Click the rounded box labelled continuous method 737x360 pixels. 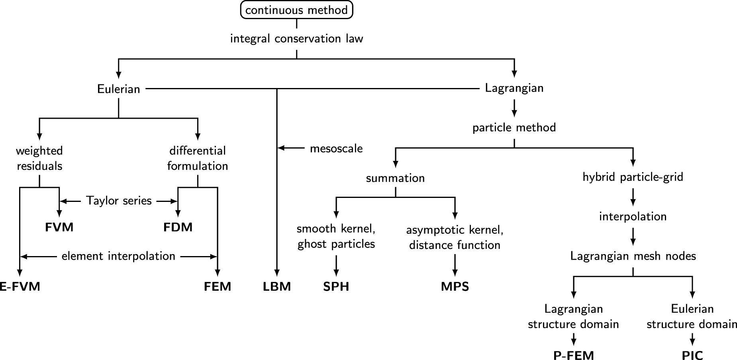tap(296, 10)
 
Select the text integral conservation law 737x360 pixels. tap(296, 39)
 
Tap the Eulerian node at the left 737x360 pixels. tap(118, 88)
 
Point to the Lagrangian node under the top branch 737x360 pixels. tap(514, 88)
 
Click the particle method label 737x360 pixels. tap(514, 127)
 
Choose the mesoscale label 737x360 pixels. tap(336, 149)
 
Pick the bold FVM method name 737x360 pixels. tap(59, 227)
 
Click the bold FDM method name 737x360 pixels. tap(178, 227)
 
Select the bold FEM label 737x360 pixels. tap(218, 286)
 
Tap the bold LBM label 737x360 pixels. tap(277, 286)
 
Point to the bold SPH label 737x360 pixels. tap(336, 286)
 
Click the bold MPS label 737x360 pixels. tap(455, 286)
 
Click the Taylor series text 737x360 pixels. tap(119, 201)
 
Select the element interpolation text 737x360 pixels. tap(118, 256)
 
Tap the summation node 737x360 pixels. tap(395, 178)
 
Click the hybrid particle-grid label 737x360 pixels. tap(633, 177)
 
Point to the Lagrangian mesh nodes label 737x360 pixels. tap(633, 256)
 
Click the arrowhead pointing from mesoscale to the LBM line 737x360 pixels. tap(280, 148)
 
